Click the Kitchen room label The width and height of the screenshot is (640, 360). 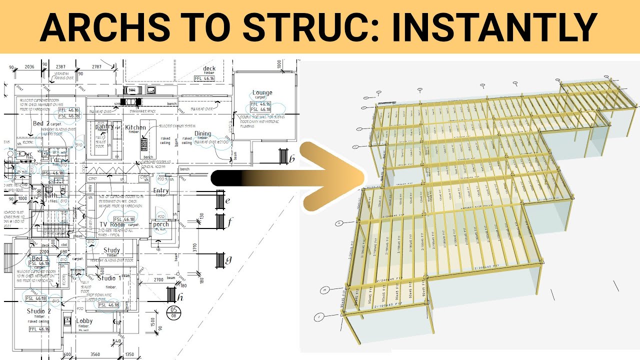click(135, 127)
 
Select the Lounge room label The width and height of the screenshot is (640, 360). click(262, 92)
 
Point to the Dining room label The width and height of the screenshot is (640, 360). click(202, 133)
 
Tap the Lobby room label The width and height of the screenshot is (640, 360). click(84, 321)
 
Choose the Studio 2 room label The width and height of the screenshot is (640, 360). click(38, 311)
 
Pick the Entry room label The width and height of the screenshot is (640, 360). click(161, 190)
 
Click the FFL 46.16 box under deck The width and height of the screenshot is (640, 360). click(204, 78)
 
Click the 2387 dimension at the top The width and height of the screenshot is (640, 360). click(61, 66)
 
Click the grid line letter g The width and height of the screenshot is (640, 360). click(228, 259)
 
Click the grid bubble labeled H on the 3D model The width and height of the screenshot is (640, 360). click(324, 290)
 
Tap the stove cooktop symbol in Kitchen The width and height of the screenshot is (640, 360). click(144, 144)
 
